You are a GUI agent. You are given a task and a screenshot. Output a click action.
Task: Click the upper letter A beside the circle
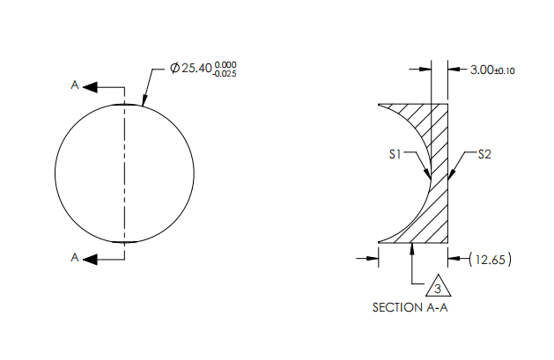75,85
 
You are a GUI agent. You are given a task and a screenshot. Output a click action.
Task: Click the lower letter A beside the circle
75,258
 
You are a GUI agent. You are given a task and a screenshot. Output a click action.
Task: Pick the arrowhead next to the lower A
91,258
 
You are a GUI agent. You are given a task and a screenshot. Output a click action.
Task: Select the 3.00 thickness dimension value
483,70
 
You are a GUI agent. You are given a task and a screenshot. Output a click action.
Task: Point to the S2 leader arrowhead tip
452,181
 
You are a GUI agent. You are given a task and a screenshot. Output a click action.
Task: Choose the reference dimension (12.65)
491,259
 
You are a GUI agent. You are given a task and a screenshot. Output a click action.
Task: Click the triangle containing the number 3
438,288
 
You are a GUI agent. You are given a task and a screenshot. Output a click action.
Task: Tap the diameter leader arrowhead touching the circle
145,104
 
